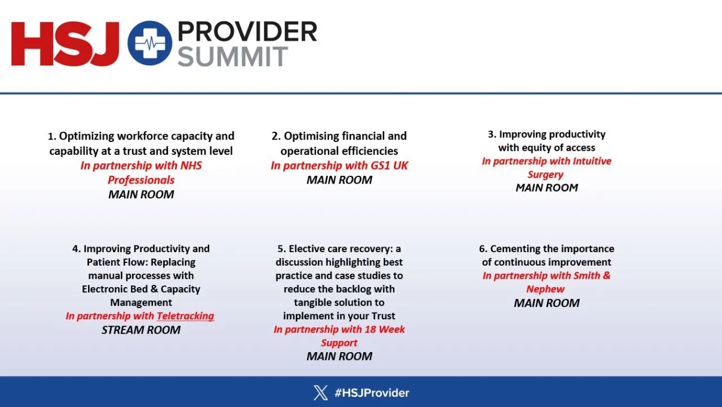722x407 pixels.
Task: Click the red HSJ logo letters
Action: (x=65, y=44)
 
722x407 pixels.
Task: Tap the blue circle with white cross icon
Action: (x=150, y=43)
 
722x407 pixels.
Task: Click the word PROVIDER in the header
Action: (x=247, y=32)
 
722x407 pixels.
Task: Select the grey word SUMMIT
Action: (x=233, y=57)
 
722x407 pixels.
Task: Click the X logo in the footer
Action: (x=321, y=392)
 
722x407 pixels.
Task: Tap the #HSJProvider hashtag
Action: (x=371, y=393)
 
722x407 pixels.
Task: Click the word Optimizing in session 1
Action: (x=86, y=136)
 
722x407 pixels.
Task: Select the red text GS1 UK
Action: (x=390, y=165)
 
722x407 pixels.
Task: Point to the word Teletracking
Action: (x=185, y=315)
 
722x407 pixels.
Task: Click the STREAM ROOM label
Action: (x=141, y=330)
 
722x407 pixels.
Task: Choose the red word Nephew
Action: (x=545, y=289)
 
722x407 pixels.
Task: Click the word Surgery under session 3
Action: (x=545, y=175)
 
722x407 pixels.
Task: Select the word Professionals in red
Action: (x=141, y=180)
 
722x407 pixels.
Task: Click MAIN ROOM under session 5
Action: (x=339, y=356)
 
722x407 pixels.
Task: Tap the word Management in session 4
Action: (x=141, y=302)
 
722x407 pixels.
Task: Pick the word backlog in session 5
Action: (x=355, y=289)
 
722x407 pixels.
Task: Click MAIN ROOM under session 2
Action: (x=339, y=180)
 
